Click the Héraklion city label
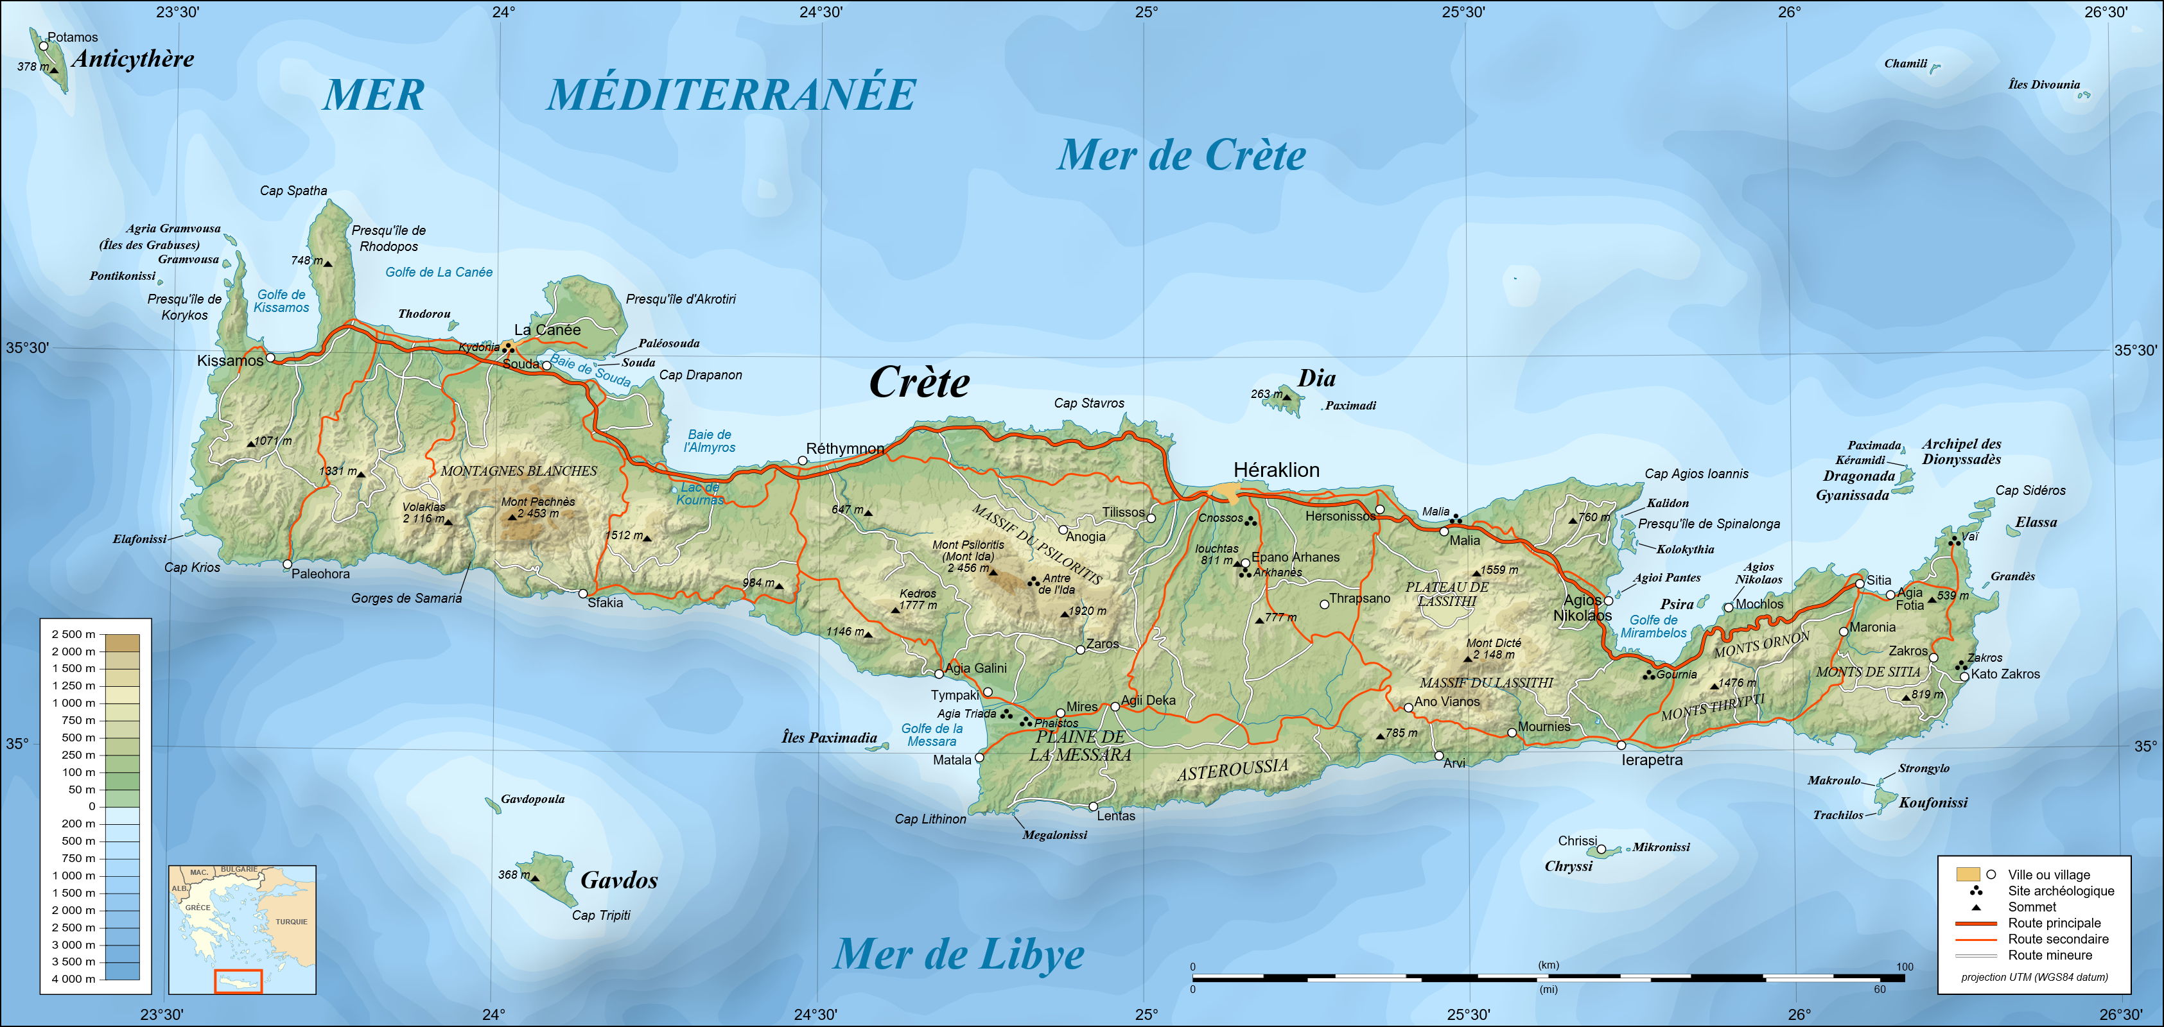pos(1275,470)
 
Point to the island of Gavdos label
pos(618,880)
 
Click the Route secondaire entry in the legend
pos(2057,939)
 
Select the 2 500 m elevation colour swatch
pos(123,643)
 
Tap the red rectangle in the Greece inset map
pos(239,981)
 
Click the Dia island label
pos(1316,379)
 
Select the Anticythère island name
pos(133,59)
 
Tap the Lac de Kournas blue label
pos(700,494)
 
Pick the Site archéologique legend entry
pos(2060,891)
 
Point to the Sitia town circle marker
pos(1859,583)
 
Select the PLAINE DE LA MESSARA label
pos(1079,746)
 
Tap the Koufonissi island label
pos(1932,803)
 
